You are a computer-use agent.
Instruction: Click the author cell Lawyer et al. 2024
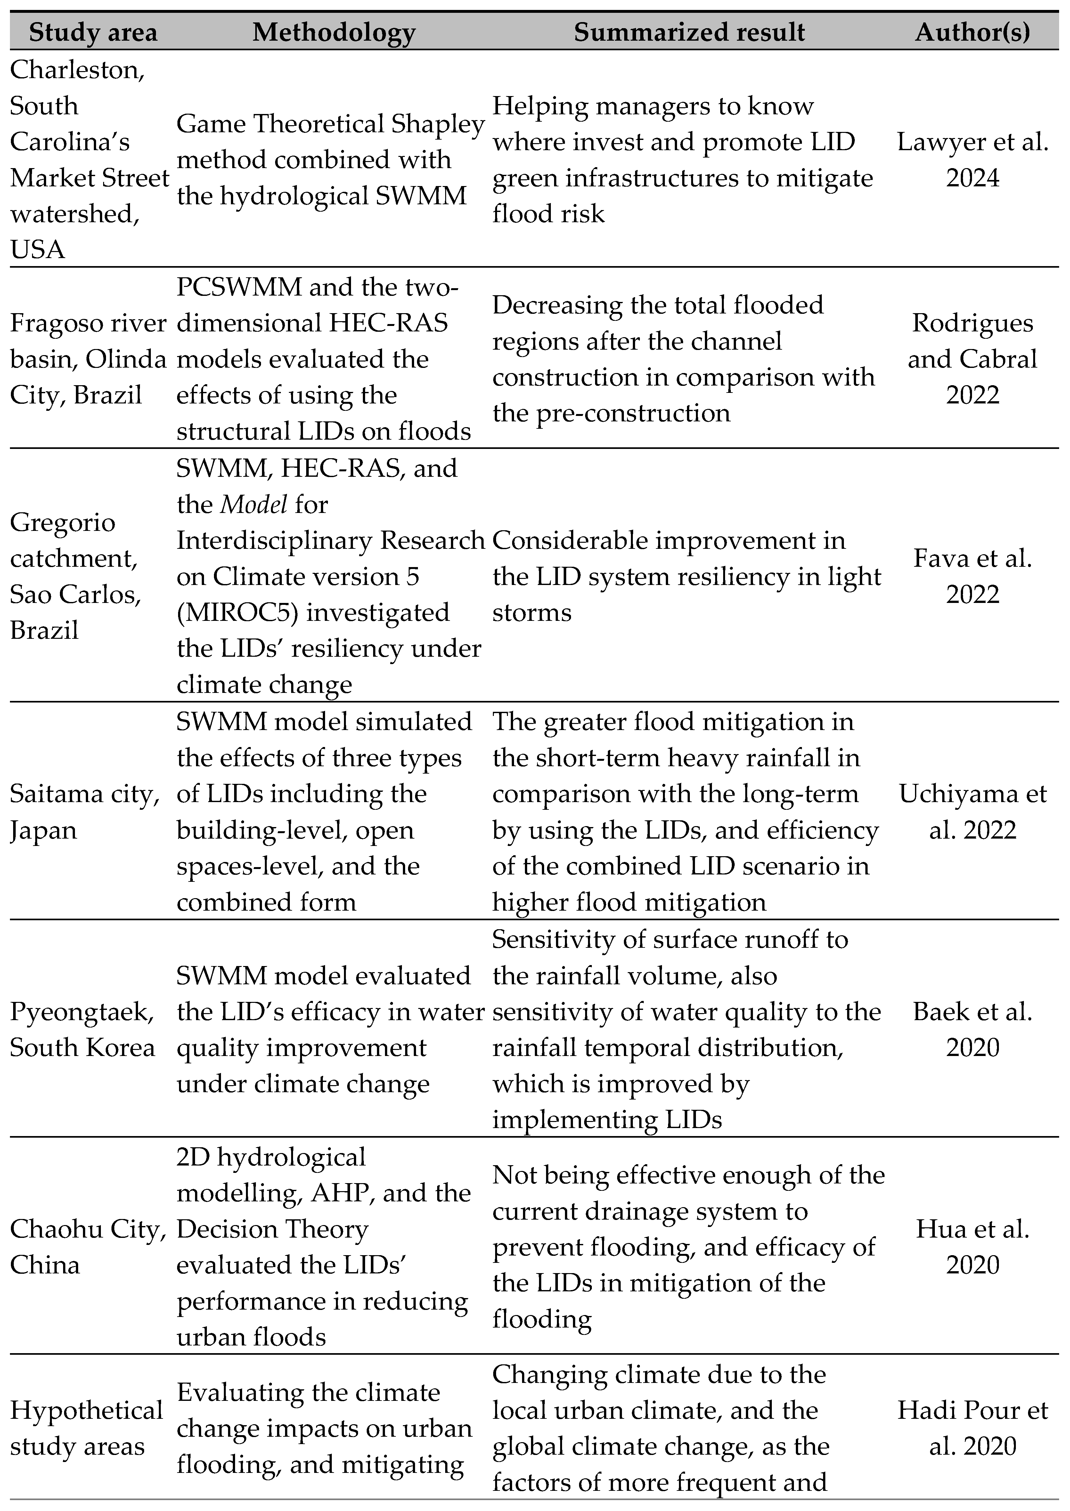pyautogui.click(x=973, y=160)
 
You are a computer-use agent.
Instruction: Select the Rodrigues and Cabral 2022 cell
pyautogui.click(x=973, y=359)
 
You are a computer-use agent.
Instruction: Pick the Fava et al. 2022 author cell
pyautogui.click(x=973, y=576)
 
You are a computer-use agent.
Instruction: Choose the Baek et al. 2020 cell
pyautogui.click(x=973, y=1029)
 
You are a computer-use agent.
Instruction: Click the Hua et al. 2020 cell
pyautogui.click(x=973, y=1247)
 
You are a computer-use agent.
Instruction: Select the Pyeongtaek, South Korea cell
pyautogui.click(x=82, y=1029)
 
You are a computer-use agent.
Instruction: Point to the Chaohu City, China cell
pyautogui.click(x=87, y=1247)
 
